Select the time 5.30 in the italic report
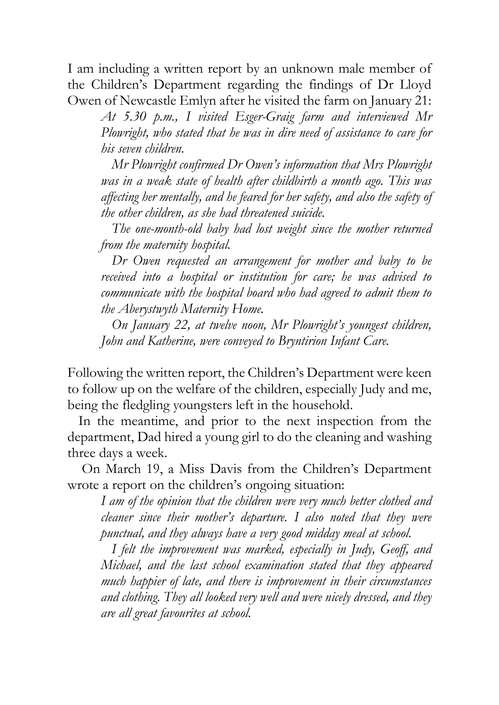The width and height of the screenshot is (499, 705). pos(133,117)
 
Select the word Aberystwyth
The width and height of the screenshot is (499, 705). pos(148,309)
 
